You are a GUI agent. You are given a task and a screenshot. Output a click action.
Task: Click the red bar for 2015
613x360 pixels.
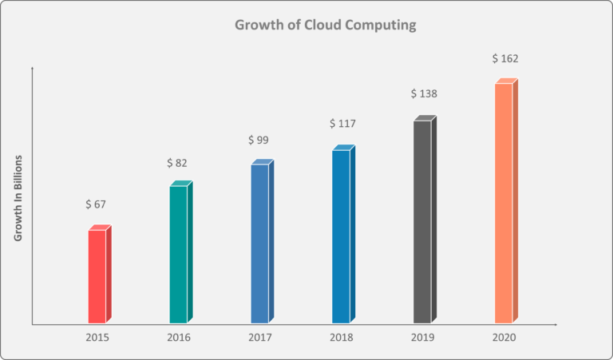(x=97, y=276)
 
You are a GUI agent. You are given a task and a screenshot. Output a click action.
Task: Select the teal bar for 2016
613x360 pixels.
(x=179, y=254)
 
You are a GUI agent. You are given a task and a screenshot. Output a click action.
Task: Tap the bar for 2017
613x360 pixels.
(x=260, y=243)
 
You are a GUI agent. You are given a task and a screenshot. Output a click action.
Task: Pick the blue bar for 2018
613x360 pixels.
(x=342, y=235)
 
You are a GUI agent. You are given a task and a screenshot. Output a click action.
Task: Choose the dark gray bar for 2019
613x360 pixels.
(x=423, y=221)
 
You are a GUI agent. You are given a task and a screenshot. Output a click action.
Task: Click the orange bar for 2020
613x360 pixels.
(x=504, y=203)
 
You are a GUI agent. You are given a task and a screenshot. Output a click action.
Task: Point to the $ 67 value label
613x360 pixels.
(x=96, y=204)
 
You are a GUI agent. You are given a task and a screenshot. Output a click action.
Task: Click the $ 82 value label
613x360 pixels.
(x=177, y=163)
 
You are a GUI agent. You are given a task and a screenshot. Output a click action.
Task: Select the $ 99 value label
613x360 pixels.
(x=259, y=140)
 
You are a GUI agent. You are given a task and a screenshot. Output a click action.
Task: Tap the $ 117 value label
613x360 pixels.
(x=342, y=124)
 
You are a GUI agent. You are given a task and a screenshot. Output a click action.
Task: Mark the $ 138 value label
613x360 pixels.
(x=424, y=93)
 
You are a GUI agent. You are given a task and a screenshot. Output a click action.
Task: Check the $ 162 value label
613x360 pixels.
(x=505, y=58)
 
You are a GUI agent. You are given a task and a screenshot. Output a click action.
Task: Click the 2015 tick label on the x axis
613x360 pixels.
(x=97, y=338)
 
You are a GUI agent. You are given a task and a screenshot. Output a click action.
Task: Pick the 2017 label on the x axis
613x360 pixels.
(x=259, y=338)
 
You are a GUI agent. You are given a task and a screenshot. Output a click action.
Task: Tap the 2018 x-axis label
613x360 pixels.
(x=342, y=338)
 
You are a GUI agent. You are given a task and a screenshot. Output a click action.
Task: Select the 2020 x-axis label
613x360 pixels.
(x=504, y=338)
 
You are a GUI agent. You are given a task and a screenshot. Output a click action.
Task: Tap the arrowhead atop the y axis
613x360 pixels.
(x=32, y=70)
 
